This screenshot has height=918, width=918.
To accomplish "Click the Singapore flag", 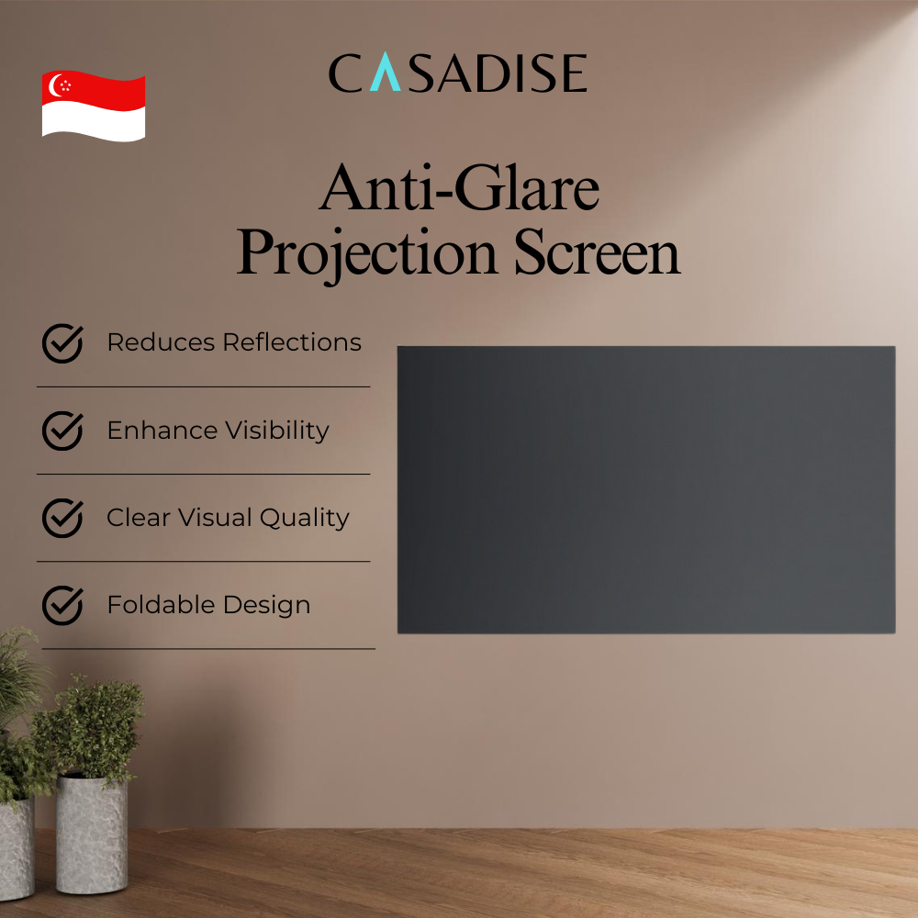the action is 94,106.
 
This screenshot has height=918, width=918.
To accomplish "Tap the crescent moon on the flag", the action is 54,85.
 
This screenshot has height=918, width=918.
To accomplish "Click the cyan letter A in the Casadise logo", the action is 386,72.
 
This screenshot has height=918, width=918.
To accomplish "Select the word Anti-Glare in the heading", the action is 459,187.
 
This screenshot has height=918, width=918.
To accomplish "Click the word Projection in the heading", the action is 367,253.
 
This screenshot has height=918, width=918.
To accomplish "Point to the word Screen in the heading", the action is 598,252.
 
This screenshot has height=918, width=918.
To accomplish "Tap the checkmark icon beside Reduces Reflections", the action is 62,343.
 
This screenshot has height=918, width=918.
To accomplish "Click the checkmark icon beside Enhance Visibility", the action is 62,431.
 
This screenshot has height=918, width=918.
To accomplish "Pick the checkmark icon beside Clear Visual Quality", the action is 62,518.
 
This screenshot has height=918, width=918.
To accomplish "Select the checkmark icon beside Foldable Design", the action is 62,605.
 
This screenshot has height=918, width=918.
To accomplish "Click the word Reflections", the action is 292,342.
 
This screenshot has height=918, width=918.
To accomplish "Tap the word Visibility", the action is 277,431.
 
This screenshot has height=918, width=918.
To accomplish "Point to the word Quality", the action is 305,519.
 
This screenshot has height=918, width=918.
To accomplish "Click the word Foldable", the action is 161,605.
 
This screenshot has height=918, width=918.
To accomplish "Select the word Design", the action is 266,606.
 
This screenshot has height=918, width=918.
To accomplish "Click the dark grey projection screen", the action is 646,489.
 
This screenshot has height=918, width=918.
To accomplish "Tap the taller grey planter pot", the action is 92,834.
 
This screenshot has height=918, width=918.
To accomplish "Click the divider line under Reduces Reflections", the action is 204,387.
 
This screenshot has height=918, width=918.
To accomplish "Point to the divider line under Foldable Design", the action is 208,649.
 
